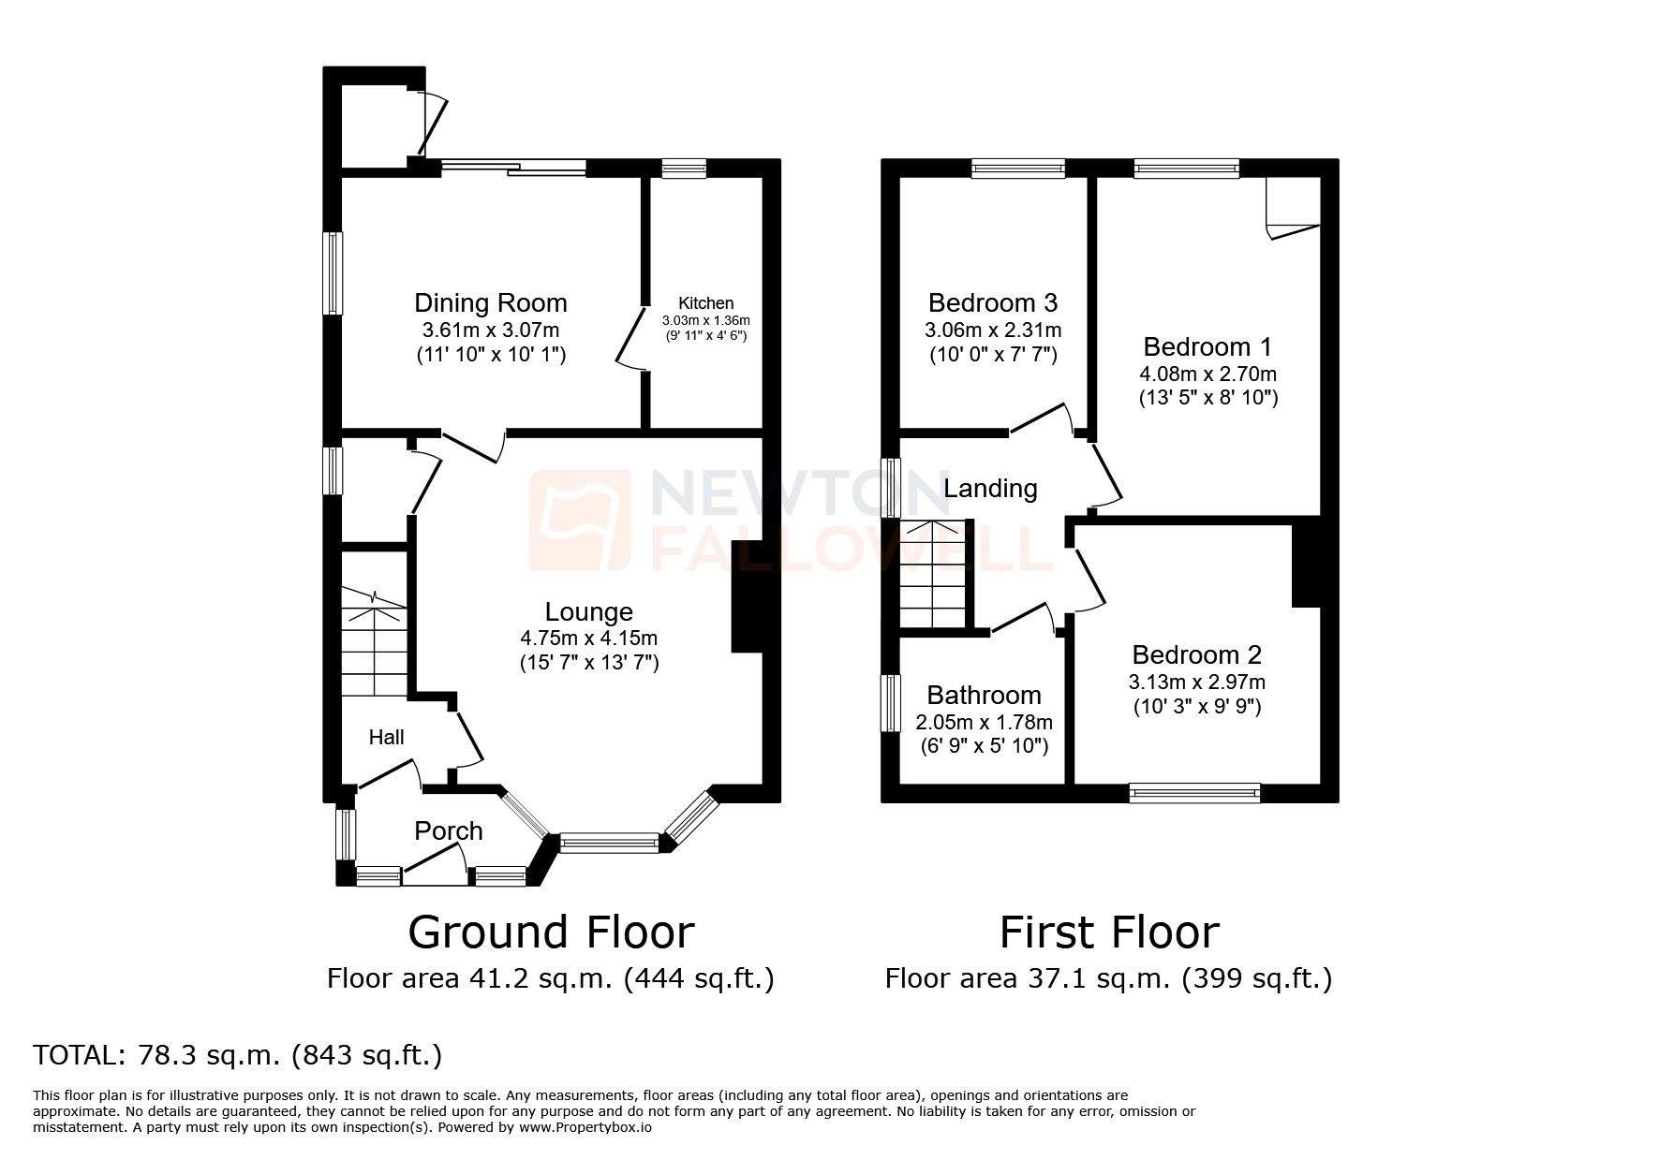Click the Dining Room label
[490, 303]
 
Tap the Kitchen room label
[705, 303]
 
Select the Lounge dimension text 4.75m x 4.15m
[588, 639]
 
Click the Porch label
[449, 830]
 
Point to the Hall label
[386, 738]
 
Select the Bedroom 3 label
[992, 303]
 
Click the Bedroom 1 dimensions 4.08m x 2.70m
[1207, 374]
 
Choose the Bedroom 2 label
[1196, 655]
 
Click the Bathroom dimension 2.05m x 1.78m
[984, 723]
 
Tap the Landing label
[990, 489]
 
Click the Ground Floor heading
[551, 932]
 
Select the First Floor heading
[1109, 932]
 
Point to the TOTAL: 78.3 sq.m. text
[237, 1056]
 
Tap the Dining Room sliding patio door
[513, 168]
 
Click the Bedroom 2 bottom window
[1194, 793]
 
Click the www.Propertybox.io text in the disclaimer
[585, 1128]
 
